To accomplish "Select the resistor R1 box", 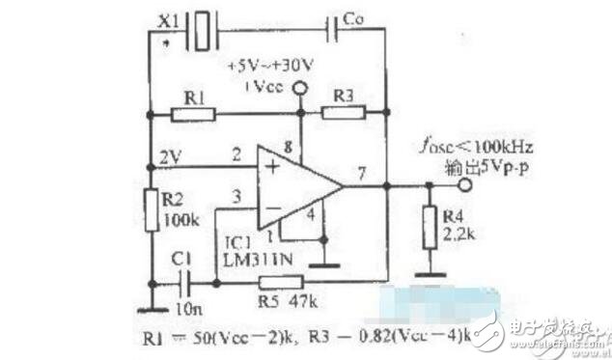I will (x=193, y=114).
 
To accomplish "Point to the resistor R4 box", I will (x=427, y=228).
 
